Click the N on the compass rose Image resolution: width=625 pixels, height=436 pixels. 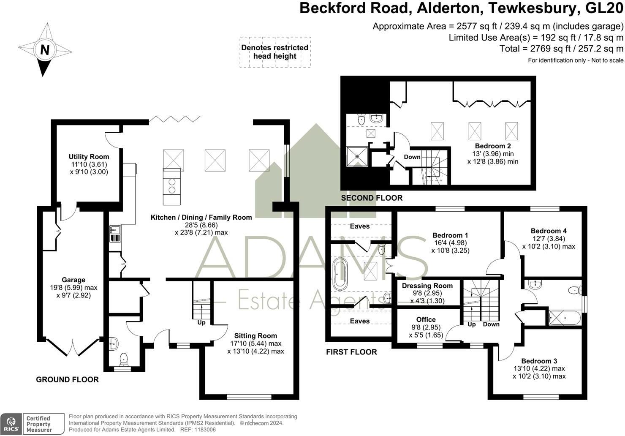45,50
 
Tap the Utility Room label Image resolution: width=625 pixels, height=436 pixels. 89,157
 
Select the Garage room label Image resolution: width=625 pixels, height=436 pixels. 73,280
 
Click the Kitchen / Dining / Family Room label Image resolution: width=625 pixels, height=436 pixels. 201,218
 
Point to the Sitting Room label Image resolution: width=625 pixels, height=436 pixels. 255,336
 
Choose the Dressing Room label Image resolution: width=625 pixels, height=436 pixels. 427,286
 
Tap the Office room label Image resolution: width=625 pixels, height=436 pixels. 426,319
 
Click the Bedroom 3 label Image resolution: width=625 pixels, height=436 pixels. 539,361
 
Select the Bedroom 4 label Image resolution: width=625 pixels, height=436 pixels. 549,231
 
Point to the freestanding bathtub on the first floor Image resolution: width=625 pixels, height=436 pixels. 339,275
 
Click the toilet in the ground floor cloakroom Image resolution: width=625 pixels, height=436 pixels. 124,359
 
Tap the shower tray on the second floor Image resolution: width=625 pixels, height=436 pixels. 358,155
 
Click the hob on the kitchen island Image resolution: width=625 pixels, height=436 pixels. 171,186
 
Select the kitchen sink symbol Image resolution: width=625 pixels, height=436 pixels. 115,230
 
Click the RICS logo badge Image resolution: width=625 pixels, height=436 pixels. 11,424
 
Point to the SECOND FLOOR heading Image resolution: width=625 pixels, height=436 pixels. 372,198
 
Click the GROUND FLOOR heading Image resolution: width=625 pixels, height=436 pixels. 67,379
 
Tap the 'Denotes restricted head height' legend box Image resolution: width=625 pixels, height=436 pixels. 275,52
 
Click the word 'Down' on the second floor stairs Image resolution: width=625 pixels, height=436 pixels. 412,157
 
